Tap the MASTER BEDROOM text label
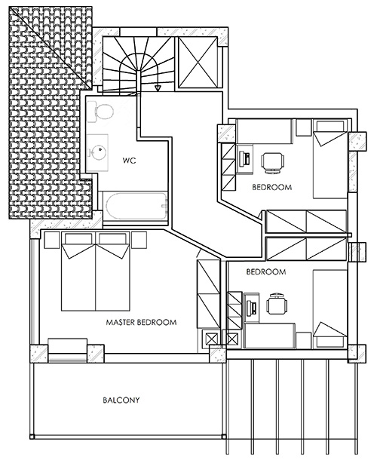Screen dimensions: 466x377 coord(141,322)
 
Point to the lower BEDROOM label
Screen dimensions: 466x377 coord(266,271)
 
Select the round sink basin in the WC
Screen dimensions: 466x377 coord(97,152)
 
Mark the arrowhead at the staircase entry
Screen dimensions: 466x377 coord(157,88)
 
